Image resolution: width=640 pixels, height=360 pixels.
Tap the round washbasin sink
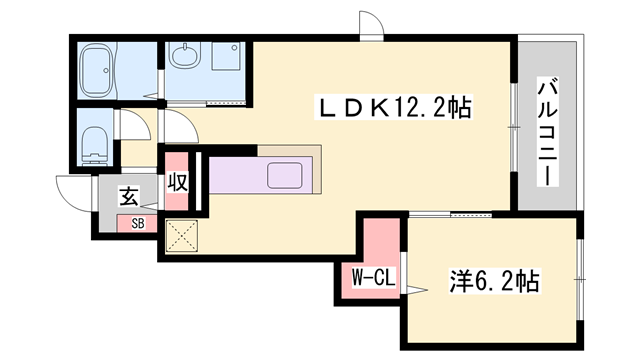[x=183, y=56]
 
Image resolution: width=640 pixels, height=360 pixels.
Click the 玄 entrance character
[x=129, y=195]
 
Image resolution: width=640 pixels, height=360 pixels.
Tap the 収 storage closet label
[x=178, y=183]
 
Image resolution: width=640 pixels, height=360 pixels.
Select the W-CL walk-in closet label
[x=370, y=279]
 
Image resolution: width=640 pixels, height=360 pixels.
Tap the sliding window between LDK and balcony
[x=512, y=140]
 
